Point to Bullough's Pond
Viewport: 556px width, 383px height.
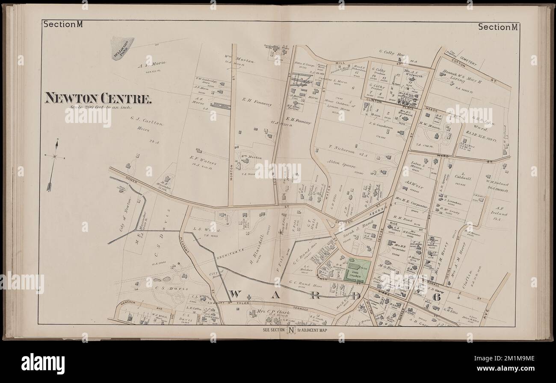(122, 47)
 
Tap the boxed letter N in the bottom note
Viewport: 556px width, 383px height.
(291, 330)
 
